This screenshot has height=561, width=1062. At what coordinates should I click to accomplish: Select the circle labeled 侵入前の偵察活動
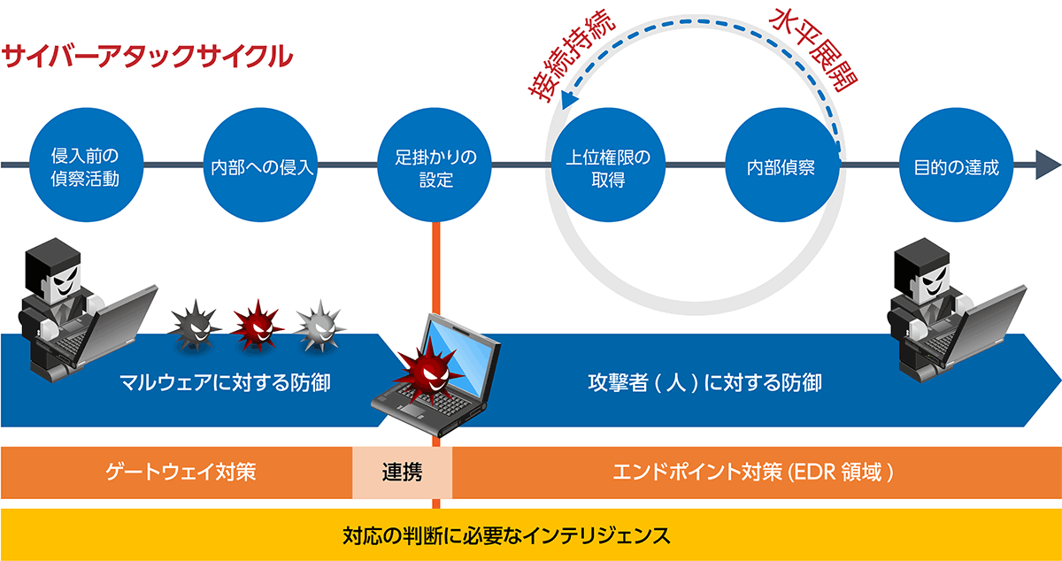[x=85, y=165]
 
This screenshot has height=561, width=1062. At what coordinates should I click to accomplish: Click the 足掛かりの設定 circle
[x=435, y=165]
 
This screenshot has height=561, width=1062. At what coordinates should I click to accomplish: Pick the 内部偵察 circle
[x=781, y=165]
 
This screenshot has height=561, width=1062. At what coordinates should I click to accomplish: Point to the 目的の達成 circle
[x=955, y=165]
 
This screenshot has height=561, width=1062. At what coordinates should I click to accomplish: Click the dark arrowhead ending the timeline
[x=1047, y=165]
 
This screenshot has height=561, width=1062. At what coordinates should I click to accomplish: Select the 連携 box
[x=402, y=472]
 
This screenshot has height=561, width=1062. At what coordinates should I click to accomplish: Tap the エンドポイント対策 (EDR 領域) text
[x=752, y=472]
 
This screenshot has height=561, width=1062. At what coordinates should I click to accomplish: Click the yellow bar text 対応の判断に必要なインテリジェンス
[x=505, y=535]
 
